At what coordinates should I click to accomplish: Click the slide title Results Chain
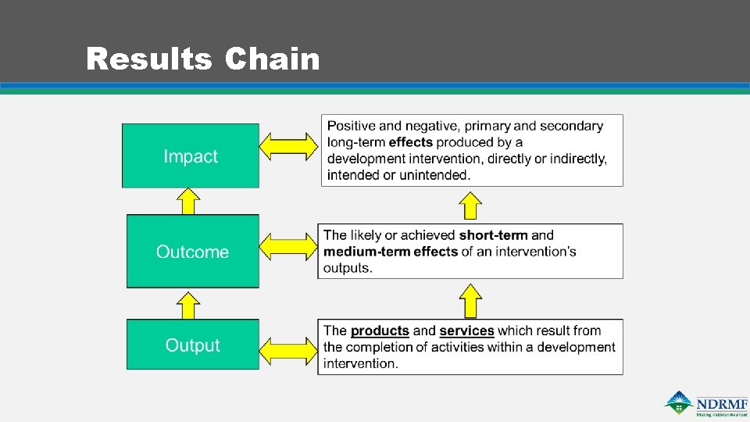pyautogui.click(x=203, y=59)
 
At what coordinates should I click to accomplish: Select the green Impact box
pyautogui.click(x=191, y=156)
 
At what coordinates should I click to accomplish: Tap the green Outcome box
pyautogui.click(x=192, y=252)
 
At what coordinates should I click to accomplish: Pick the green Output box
pyautogui.click(x=192, y=345)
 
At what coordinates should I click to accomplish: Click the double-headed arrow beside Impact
pyautogui.click(x=288, y=146)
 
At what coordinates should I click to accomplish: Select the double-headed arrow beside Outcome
pyautogui.click(x=288, y=247)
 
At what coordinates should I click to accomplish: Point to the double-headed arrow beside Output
pyautogui.click(x=288, y=345)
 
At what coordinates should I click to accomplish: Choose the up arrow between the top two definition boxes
pyautogui.click(x=470, y=206)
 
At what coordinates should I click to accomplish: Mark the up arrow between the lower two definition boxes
pyautogui.click(x=470, y=301)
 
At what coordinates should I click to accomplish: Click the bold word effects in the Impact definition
pyautogui.click(x=410, y=142)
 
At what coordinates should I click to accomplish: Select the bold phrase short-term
pyautogui.click(x=493, y=235)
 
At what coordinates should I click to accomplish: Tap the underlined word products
pyautogui.click(x=380, y=331)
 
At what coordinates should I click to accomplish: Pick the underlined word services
pyautogui.click(x=466, y=331)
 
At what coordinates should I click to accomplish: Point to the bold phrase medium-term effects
pyautogui.click(x=391, y=252)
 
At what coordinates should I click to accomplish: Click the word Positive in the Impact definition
pyautogui.click(x=352, y=126)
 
